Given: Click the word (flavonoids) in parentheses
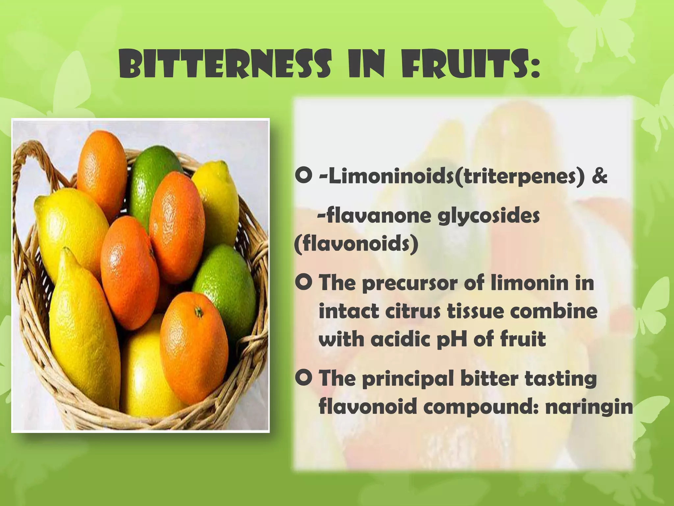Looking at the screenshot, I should (x=356, y=244).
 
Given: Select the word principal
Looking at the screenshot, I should (x=408, y=379).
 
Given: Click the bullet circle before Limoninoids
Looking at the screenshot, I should (x=303, y=177).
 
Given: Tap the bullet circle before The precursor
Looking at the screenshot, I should (x=303, y=283).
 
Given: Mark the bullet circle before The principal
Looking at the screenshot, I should (x=303, y=379).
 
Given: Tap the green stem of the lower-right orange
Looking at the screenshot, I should (x=198, y=311).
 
